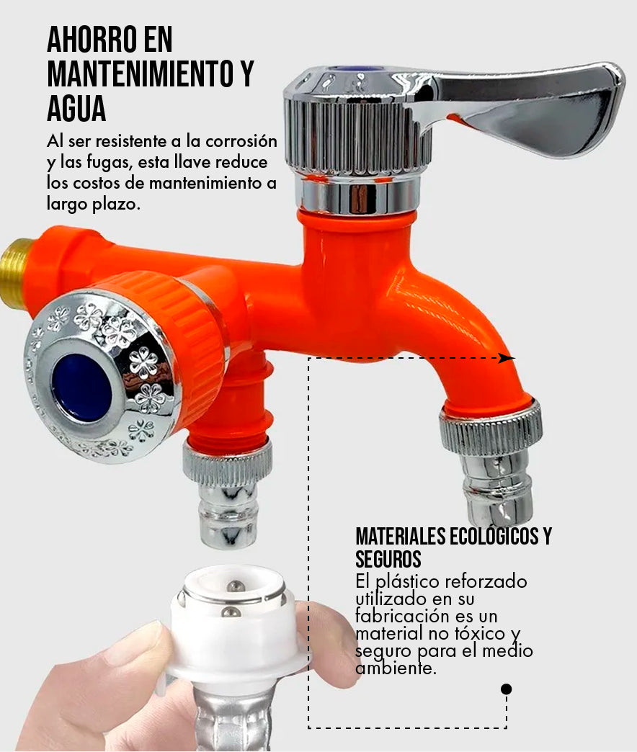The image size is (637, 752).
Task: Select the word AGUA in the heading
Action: pos(76,109)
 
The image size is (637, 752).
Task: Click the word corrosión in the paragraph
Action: pos(241,141)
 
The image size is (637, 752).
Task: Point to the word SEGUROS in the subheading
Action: pos(388,559)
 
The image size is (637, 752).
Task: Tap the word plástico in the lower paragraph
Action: pos(407,583)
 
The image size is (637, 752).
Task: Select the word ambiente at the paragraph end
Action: pos(396,668)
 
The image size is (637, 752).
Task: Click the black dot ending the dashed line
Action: pos(506,689)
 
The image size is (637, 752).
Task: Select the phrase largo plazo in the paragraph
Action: pos(94,205)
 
